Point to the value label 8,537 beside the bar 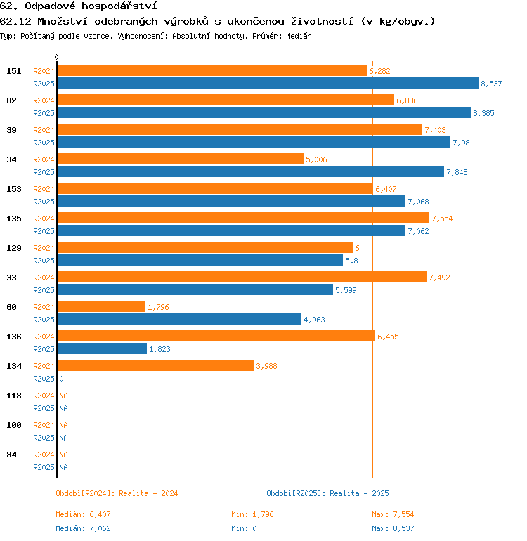(491, 84)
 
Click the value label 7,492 (439, 278)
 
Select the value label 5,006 (316, 159)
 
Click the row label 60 (12, 307)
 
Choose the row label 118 (14, 396)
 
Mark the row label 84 (12, 455)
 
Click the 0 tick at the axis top (57, 57)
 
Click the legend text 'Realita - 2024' (148, 493)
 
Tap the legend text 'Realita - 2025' (359, 493)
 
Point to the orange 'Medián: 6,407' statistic (83, 514)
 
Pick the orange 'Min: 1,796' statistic (252, 514)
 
